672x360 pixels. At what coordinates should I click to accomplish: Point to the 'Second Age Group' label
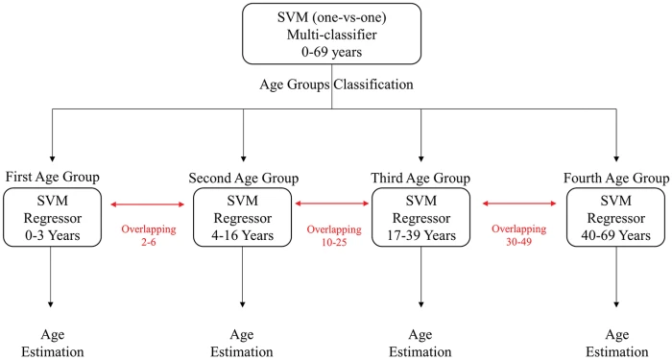click(x=243, y=178)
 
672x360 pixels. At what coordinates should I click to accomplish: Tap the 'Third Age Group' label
click(x=421, y=178)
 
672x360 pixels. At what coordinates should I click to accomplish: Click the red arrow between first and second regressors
click(x=149, y=204)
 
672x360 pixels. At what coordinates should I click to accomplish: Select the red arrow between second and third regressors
click(x=333, y=204)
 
